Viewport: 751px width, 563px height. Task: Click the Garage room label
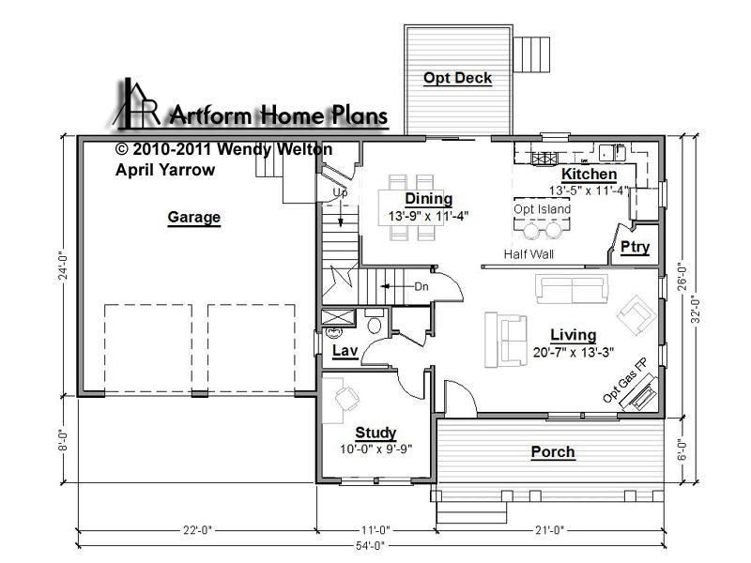click(x=194, y=217)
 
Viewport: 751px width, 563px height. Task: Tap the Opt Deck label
click(x=457, y=78)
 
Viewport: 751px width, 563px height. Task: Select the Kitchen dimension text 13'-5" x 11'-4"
click(x=590, y=190)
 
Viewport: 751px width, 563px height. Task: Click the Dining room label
click(x=429, y=198)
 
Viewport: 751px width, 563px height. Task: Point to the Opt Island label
click(x=543, y=209)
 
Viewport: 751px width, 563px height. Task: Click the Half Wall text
click(x=529, y=254)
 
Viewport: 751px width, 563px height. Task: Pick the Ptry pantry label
click(x=636, y=247)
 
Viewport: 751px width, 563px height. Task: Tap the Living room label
click(x=574, y=335)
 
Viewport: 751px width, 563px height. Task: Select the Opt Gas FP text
click(x=624, y=381)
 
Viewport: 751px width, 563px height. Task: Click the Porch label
click(x=553, y=451)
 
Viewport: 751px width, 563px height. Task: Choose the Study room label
click(x=375, y=433)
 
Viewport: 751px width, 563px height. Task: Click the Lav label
click(x=345, y=350)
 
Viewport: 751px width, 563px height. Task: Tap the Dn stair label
click(x=421, y=287)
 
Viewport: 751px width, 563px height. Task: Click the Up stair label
click(x=340, y=193)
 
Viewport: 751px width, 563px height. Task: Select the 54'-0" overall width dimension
click(x=370, y=546)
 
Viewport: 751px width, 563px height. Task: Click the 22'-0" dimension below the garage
click(x=197, y=530)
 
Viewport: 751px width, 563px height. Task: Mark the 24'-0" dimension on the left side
click(x=64, y=267)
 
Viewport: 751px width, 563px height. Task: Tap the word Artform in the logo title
click(x=211, y=115)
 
